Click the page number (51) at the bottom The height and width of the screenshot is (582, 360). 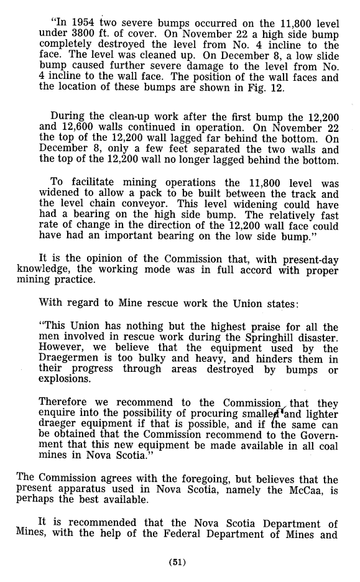pyautogui.click(x=179, y=564)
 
